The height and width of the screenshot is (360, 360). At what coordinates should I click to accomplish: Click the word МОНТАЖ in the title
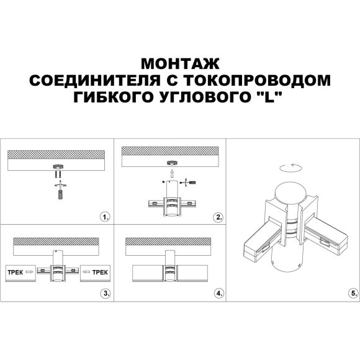coord(179,65)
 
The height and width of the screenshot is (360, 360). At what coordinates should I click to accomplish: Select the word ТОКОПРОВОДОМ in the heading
coord(265,81)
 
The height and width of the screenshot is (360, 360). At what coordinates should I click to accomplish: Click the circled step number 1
coord(105,217)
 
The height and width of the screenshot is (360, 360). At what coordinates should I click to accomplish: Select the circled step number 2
coord(218,217)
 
